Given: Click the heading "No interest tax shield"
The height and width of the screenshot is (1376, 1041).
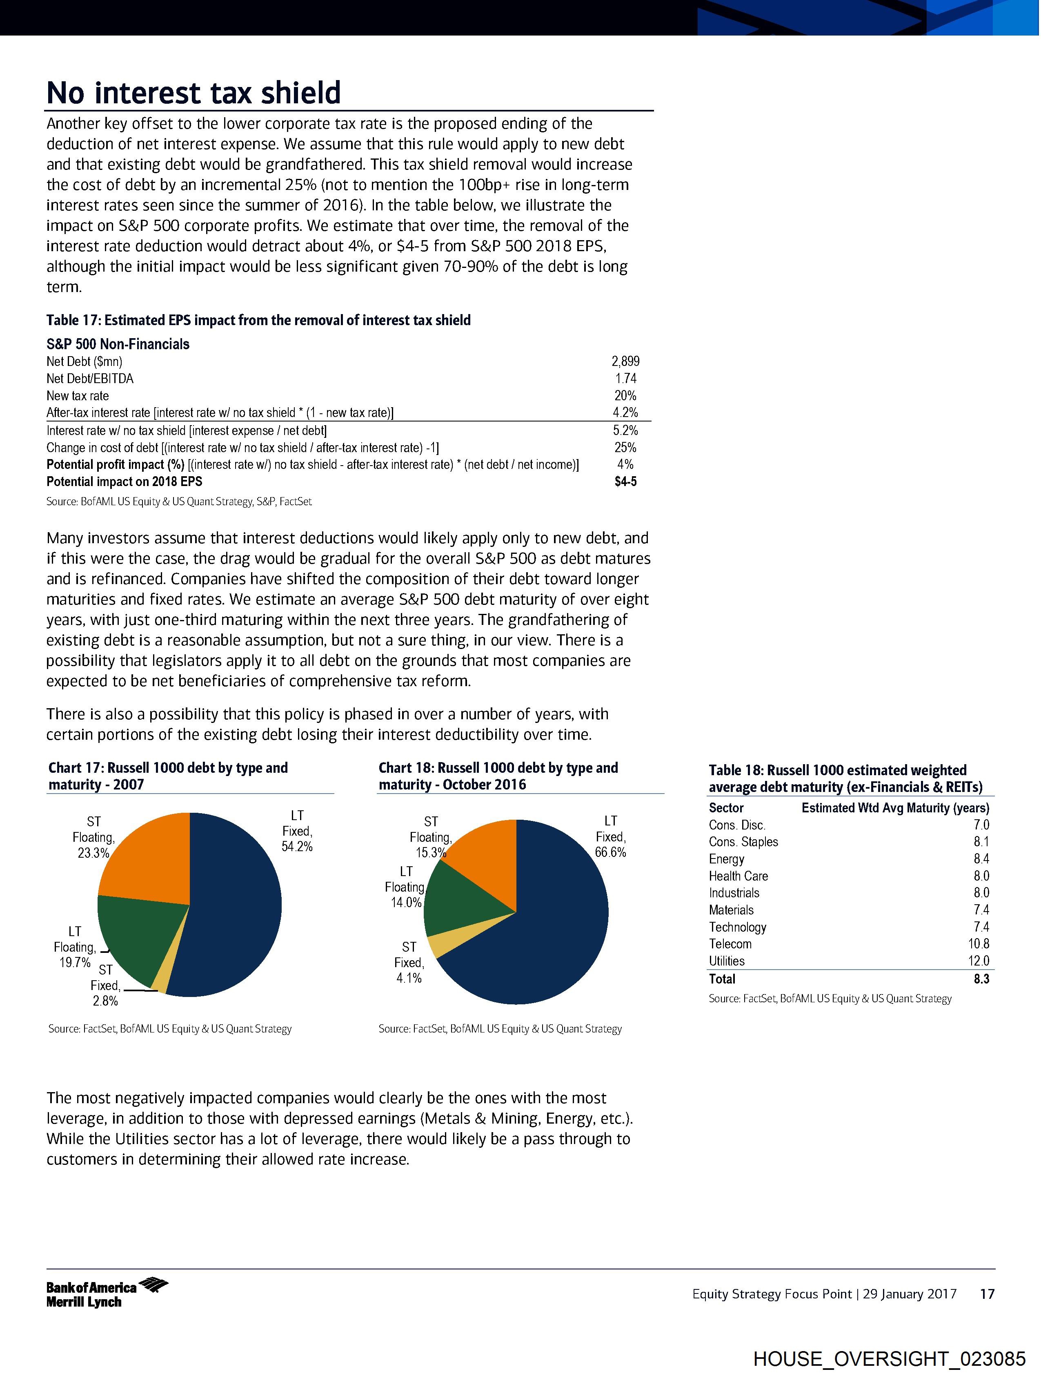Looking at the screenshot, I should (194, 93).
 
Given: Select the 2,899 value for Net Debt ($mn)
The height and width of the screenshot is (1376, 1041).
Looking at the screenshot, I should (625, 361).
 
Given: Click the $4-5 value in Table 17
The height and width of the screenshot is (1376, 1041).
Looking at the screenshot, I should (625, 482).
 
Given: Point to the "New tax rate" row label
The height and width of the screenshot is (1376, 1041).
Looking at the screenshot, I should (78, 396).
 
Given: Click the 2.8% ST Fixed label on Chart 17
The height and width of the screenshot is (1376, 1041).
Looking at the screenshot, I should (105, 1001).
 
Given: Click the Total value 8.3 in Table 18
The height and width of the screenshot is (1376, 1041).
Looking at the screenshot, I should (981, 979).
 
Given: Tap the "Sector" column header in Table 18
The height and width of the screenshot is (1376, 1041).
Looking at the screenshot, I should (726, 808).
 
